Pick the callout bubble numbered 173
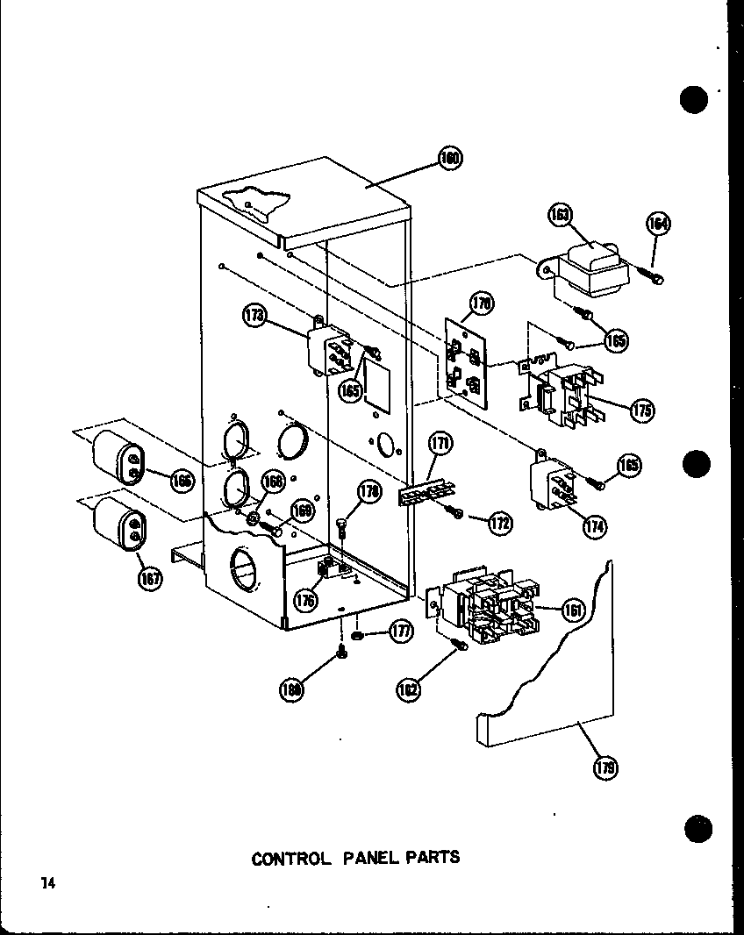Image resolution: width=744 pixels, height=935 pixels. pyautogui.click(x=255, y=318)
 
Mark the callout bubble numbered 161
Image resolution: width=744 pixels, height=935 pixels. pyautogui.click(x=573, y=610)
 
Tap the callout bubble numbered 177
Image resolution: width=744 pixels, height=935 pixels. pyautogui.click(x=403, y=631)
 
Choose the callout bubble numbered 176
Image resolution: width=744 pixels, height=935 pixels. pyautogui.click(x=306, y=601)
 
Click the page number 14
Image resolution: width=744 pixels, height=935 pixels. pyautogui.click(x=46, y=883)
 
